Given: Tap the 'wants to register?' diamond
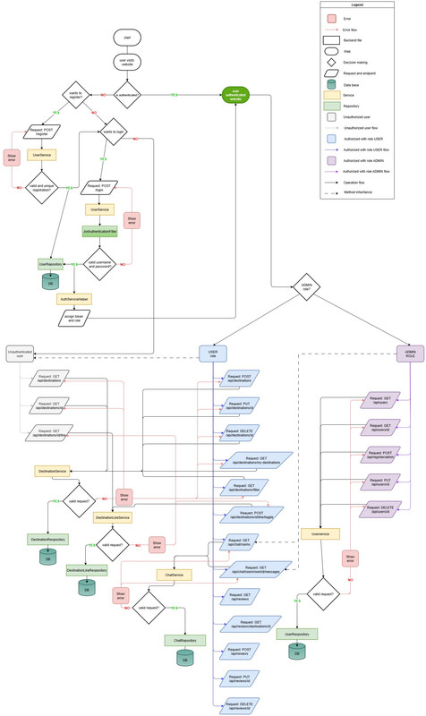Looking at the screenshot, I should pyautogui.click(x=72, y=95).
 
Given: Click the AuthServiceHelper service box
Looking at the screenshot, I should pyautogui.click(x=76, y=297).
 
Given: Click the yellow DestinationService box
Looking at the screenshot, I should pyautogui.click(x=53, y=470).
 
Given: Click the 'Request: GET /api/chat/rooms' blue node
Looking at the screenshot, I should pyautogui.click(x=240, y=542).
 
